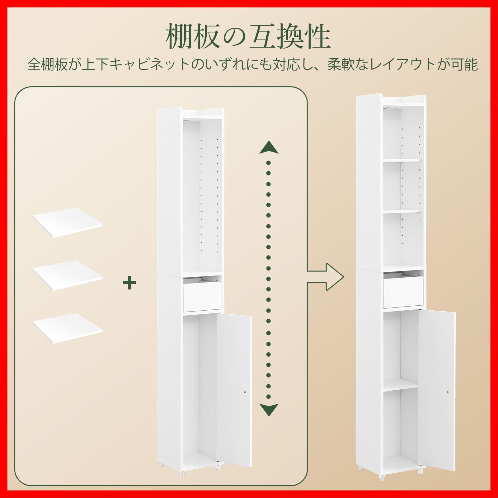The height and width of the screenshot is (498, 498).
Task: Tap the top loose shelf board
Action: [68, 222]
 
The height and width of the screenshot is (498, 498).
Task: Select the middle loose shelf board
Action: [68, 275]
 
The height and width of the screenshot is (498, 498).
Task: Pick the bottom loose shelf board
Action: [68, 328]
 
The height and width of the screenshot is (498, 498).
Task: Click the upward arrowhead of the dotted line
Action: [269, 148]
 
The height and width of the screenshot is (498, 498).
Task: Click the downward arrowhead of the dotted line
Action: [269, 410]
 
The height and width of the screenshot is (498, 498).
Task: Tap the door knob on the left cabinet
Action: [245, 393]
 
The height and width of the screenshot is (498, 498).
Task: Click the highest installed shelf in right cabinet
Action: [402, 161]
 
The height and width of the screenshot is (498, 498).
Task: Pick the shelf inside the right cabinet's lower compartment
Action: [401, 385]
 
